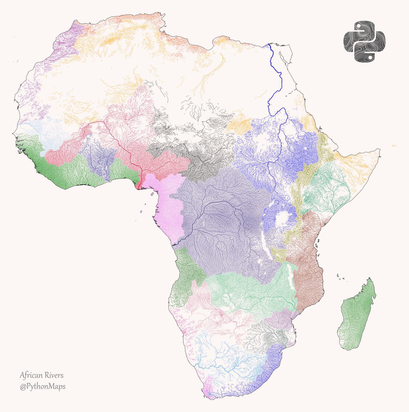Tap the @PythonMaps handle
(43, 387)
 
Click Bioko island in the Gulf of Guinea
(151, 194)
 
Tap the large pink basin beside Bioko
(165, 206)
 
